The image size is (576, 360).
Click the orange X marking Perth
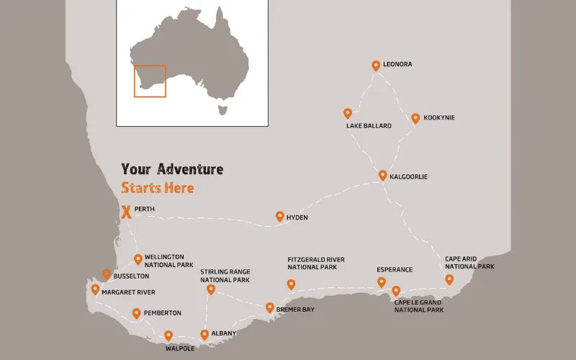[127, 212]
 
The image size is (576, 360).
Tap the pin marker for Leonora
[375, 66]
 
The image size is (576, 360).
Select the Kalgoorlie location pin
[383, 175]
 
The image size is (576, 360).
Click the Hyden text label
[297, 217]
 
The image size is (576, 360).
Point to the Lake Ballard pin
[348, 113]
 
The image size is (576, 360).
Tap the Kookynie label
[439, 117]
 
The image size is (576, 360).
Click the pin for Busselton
[107, 274]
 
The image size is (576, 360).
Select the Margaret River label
[128, 292]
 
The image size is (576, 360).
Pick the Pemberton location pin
[137, 313]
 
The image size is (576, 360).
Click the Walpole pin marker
[168, 336]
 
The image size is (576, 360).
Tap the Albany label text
[224, 333]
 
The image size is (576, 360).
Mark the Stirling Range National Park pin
[211, 289]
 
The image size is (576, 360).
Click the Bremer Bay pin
[270, 307]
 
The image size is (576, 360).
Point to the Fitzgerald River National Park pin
[291, 284]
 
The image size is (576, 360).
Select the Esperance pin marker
[382, 282]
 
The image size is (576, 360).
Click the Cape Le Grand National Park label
[419, 306]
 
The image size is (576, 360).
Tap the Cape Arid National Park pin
[449, 279]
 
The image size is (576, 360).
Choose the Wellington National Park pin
[138, 259]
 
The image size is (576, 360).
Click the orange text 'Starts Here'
[158, 188]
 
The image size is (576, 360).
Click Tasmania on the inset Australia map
[222, 109]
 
